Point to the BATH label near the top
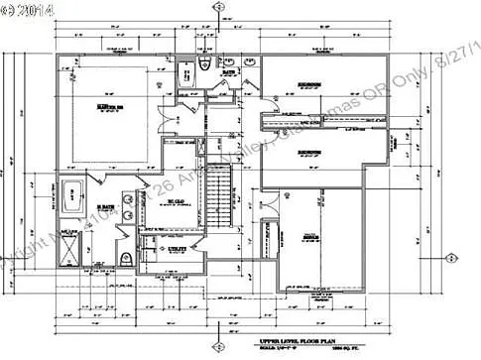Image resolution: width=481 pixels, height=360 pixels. (228, 72)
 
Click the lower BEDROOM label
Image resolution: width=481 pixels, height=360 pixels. (311, 152)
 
